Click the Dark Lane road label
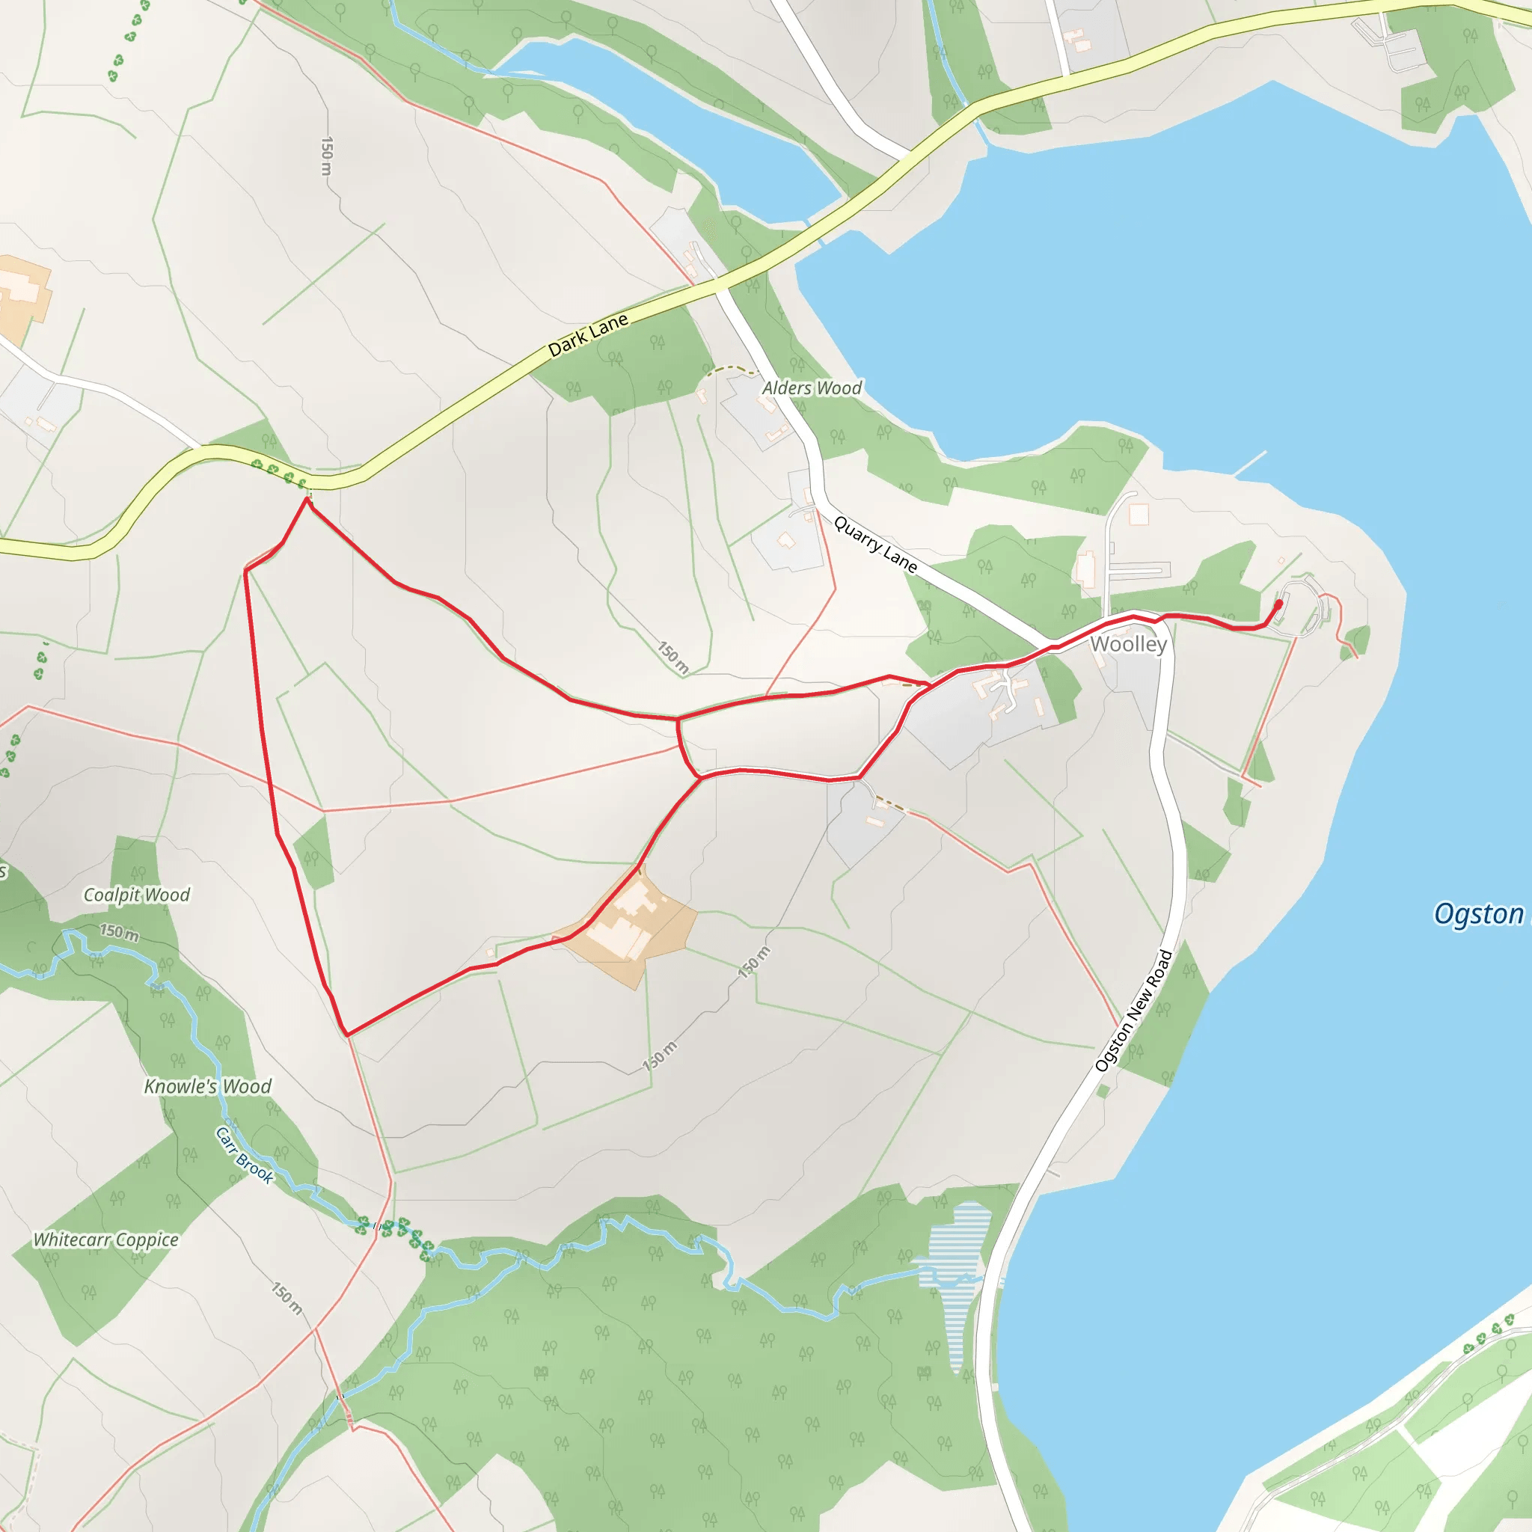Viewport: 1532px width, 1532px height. click(589, 334)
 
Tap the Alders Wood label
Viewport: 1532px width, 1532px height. click(811, 387)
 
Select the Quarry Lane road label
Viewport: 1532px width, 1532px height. click(875, 544)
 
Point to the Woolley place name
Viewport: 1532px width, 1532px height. click(1127, 644)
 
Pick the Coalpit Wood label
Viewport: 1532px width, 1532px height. click(136, 895)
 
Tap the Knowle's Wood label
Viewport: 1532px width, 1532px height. click(208, 1085)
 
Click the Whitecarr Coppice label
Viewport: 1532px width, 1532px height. click(105, 1240)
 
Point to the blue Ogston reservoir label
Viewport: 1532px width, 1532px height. click(1479, 914)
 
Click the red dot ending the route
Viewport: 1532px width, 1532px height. click(1278, 604)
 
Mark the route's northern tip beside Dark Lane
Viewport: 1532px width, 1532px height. click(307, 500)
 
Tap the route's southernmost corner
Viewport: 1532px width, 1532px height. click(346, 1034)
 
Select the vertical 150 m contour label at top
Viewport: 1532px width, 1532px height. click(327, 156)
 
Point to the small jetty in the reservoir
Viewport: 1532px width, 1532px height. click(1251, 463)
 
